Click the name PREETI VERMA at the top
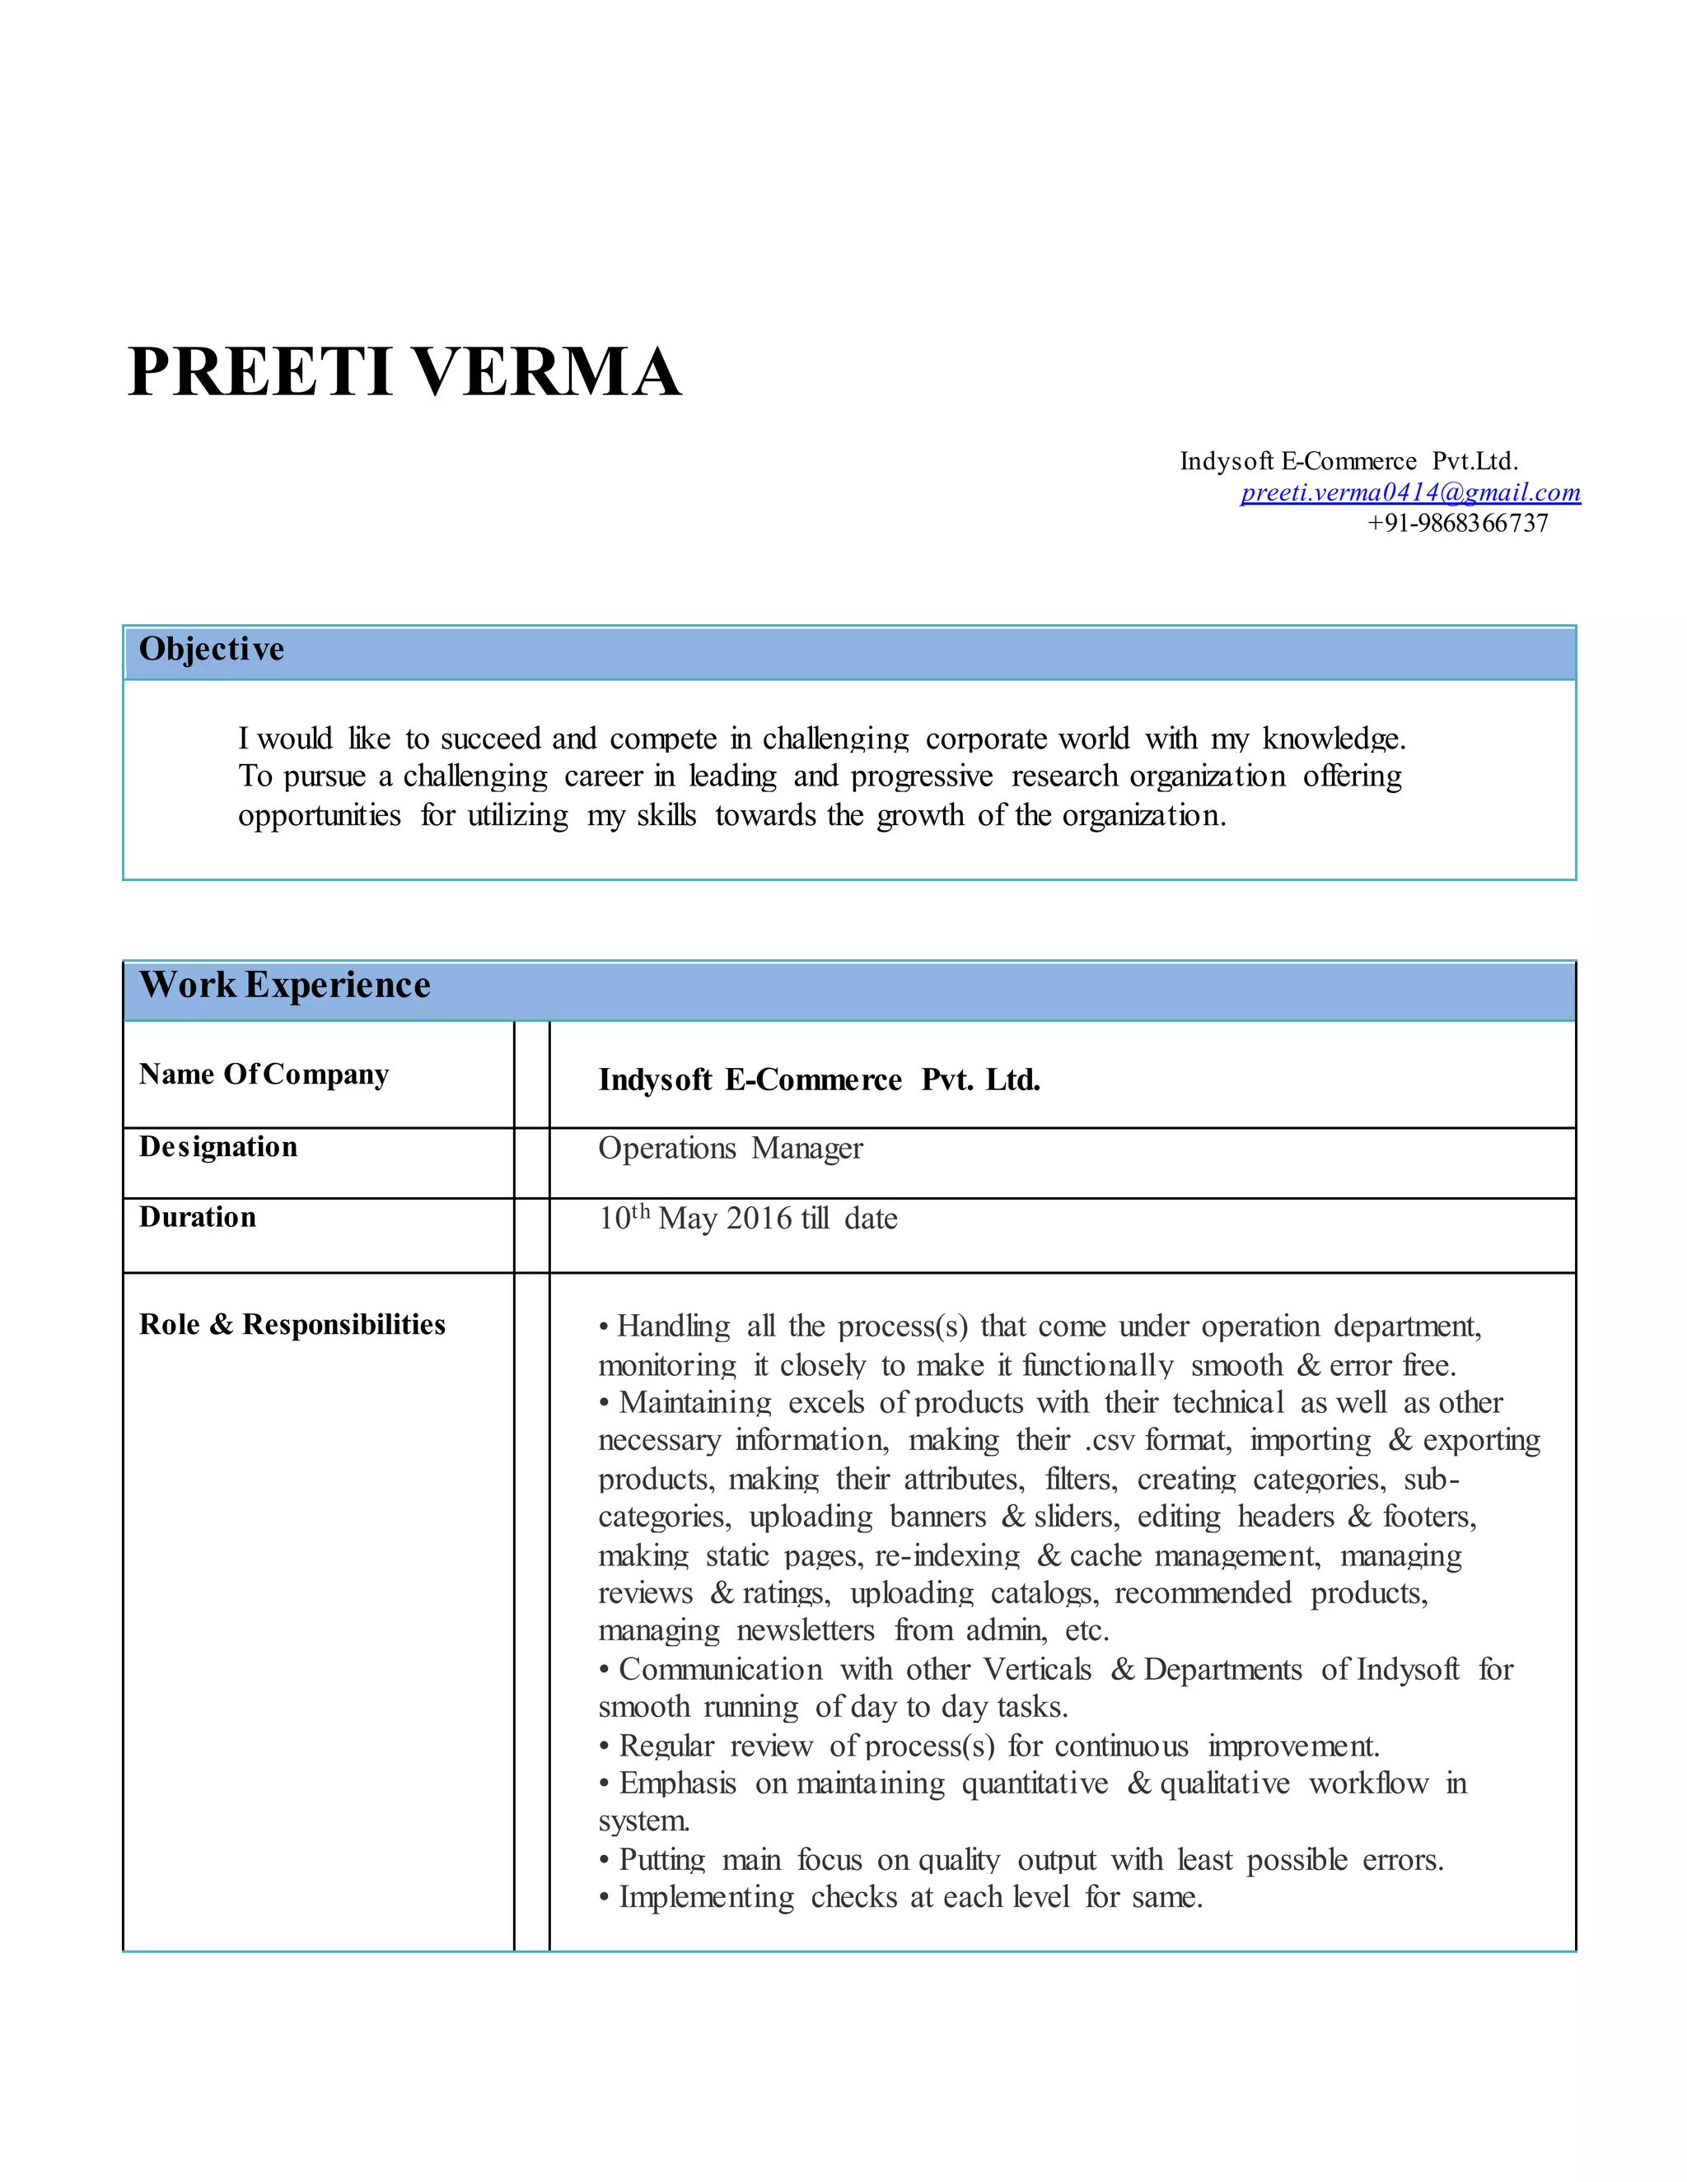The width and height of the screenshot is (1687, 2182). click(x=404, y=371)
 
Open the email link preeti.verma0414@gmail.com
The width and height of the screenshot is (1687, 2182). click(x=1410, y=492)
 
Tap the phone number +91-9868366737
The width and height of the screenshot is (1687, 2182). click(x=1457, y=523)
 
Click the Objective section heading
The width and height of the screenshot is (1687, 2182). click(x=212, y=650)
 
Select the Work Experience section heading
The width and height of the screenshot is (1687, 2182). click(x=285, y=985)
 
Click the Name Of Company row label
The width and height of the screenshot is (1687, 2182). click(x=264, y=1074)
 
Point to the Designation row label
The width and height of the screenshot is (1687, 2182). click(x=217, y=1147)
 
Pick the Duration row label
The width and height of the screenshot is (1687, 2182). click(x=198, y=1217)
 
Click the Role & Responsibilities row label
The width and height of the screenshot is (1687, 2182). click(x=292, y=1325)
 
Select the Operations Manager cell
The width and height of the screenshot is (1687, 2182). click(x=731, y=1149)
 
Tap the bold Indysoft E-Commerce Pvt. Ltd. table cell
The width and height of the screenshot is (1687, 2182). click(x=820, y=1080)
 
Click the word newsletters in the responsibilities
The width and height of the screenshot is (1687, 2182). click(x=806, y=1630)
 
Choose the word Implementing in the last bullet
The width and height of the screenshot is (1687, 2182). click(x=707, y=1897)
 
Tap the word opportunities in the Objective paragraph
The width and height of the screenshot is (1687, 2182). click(x=320, y=816)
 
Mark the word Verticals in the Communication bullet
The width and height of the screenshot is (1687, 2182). click(x=1037, y=1670)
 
